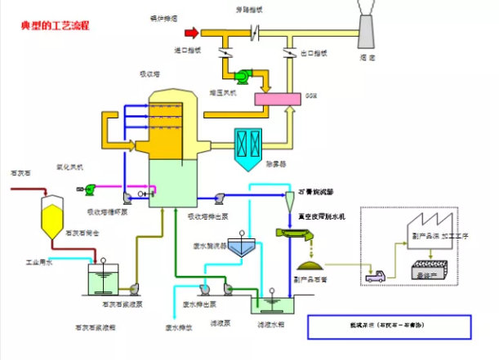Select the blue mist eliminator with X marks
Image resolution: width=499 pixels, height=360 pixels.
pyautogui.click(x=247, y=144)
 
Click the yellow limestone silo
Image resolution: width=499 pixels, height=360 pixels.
pyautogui.click(x=53, y=215)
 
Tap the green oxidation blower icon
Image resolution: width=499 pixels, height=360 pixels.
pyautogui.click(x=91, y=189)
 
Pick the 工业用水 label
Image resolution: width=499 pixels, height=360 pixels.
pyautogui.click(x=38, y=263)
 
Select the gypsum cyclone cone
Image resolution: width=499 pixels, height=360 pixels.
pyautogui.click(x=291, y=200)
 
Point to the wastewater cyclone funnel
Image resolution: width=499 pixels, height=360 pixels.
pyautogui.click(x=239, y=248)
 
